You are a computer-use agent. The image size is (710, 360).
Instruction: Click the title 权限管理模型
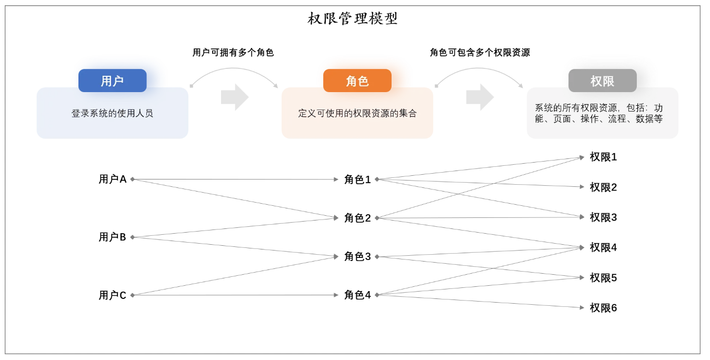pyautogui.click(x=353, y=19)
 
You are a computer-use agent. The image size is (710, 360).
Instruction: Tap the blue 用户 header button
pyautogui.click(x=112, y=81)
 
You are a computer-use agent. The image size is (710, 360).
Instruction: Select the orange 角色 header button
pyautogui.click(x=357, y=81)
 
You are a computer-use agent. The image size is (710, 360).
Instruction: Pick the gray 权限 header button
pyautogui.click(x=602, y=81)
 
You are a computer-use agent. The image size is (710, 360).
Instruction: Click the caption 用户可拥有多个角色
pyautogui.click(x=233, y=53)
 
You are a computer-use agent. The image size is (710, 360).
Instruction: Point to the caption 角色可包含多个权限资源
pyautogui.click(x=479, y=53)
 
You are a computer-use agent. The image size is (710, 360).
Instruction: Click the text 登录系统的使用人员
pyautogui.click(x=112, y=113)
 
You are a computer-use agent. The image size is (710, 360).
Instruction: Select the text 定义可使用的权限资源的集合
pyautogui.click(x=357, y=113)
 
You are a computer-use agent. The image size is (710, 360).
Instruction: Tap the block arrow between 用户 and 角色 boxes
pyautogui.click(x=234, y=97)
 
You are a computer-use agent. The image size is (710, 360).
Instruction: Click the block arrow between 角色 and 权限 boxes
pyautogui.click(x=479, y=97)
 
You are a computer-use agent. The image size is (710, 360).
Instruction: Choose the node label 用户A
pyautogui.click(x=113, y=179)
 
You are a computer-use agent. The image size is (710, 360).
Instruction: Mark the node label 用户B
pyautogui.click(x=113, y=237)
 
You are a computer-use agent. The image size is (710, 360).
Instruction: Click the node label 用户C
pyautogui.click(x=113, y=295)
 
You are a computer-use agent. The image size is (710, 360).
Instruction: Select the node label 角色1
pyautogui.click(x=357, y=179)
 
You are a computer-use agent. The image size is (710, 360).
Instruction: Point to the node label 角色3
pyautogui.click(x=357, y=257)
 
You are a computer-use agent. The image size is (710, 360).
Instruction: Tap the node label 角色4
pyautogui.click(x=357, y=295)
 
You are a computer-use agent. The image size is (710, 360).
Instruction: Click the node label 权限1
pyautogui.click(x=603, y=157)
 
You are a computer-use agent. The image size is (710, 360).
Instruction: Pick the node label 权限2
pyautogui.click(x=603, y=187)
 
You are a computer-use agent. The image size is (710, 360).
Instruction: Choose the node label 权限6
pyautogui.click(x=603, y=308)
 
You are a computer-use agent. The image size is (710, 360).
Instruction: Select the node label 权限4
pyautogui.click(x=603, y=247)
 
